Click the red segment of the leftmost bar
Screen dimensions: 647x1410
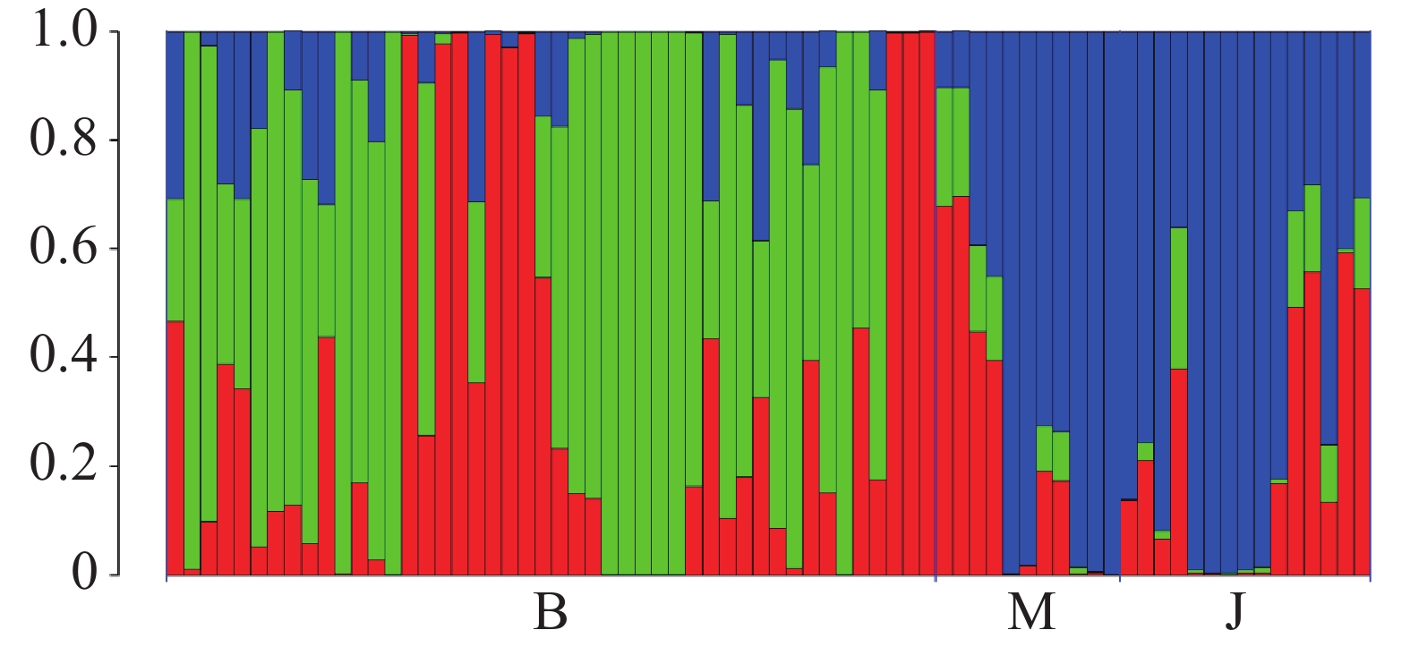(175, 447)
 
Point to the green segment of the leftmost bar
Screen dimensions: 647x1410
(175, 260)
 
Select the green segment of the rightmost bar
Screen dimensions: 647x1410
(1363, 243)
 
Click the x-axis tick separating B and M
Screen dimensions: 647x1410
(936, 579)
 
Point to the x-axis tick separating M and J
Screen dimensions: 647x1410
(1120, 579)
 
